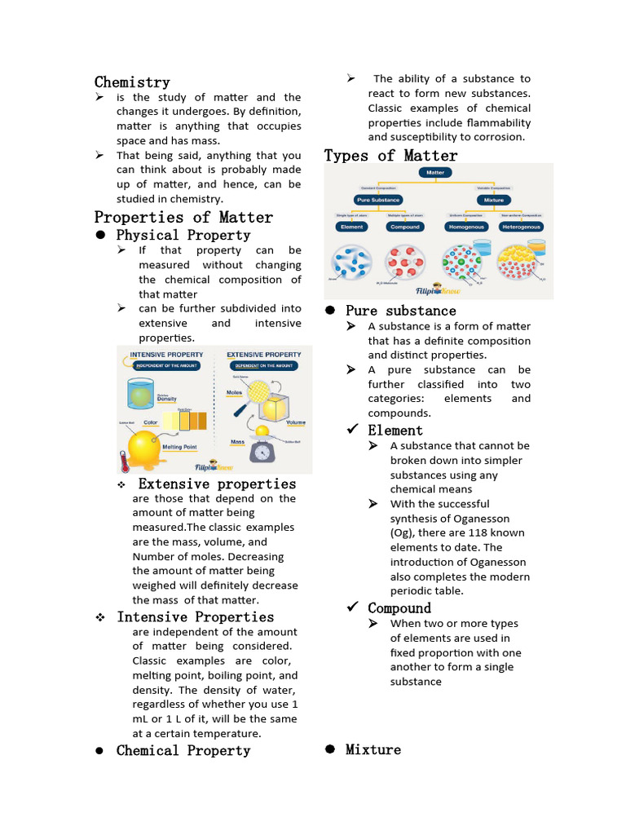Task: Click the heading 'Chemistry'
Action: click(132, 82)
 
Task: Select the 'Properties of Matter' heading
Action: click(183, 218)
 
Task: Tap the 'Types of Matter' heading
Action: click(390, 156)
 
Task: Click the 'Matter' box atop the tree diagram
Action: click(436, 173)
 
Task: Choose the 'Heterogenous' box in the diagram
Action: click(522, 227)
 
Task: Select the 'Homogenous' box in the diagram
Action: click(465, 227)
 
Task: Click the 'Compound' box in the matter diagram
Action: click(404, 227)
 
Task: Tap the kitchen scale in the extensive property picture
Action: click(262, 450)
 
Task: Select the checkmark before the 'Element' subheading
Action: click(352, 430)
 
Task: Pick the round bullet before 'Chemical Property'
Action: click(99, 751)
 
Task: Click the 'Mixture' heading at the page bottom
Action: click(373, 749)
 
